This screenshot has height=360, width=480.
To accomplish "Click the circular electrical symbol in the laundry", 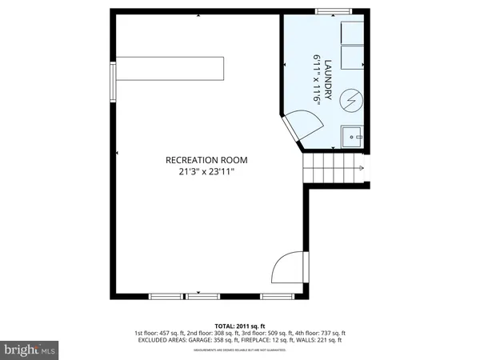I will [350, 99].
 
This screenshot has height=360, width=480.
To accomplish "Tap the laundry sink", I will [352, 138].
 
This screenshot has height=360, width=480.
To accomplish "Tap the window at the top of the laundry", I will [327, 11].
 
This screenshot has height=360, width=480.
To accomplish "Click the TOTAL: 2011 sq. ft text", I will [240, 326].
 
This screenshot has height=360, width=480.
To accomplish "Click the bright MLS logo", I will [30, 349].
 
